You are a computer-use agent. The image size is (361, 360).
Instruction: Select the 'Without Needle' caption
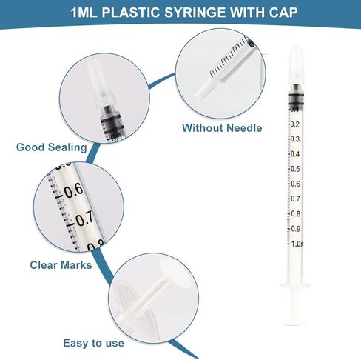point(222,127)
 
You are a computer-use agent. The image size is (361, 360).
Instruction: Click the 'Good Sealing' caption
point(51,147)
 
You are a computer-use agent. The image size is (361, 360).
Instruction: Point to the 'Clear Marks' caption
point(61,264)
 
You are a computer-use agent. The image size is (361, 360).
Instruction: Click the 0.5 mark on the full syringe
point(295,169)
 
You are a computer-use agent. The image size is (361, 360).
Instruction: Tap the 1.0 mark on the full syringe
point(296,244)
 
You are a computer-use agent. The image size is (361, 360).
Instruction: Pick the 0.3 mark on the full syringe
point(295,139)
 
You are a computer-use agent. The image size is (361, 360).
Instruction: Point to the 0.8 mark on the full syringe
point(295,213)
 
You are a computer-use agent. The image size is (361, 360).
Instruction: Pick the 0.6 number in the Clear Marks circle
point(73,191)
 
